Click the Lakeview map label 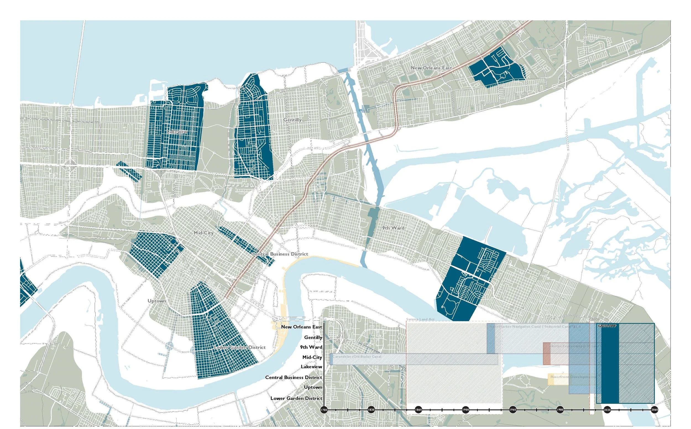coord(177,132)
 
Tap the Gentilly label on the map coord(292,120)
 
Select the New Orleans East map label coord(431,68)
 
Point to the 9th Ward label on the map coord(393,228)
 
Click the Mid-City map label coord(203,233)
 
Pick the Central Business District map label coord(280,254)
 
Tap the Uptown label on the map coord(156,301)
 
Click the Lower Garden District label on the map coord(240,347)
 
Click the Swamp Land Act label coord(420,319)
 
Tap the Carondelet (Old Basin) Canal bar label coord(357,357)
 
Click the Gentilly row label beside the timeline coord(313,337)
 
